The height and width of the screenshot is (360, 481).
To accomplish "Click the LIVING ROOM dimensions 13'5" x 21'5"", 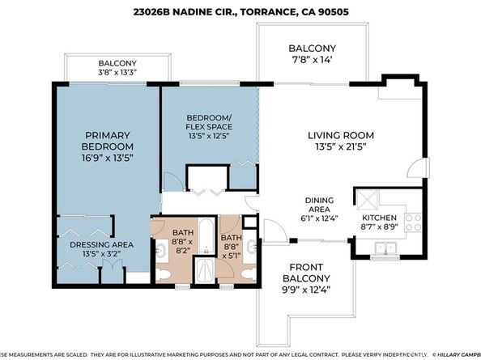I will [338, 148].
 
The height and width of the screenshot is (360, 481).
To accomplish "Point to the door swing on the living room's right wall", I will [414, 170].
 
